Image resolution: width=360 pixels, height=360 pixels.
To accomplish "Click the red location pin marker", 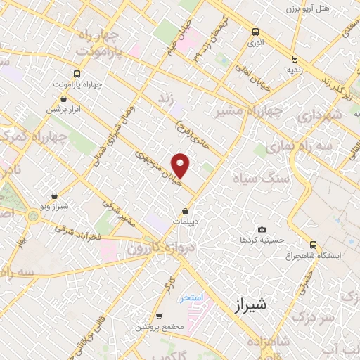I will [x=181, y=165].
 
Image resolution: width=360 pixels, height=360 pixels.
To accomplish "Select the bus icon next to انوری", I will [x=255, y=32].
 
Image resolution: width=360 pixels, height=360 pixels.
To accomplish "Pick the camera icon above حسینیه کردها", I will [x=262, y=229].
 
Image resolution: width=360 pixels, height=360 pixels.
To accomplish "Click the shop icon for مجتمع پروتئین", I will [x=160, y=316].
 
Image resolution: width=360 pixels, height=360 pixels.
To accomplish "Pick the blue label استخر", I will [x=191, y=297].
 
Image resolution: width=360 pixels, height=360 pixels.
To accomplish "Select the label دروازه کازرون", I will [x=159, y=247].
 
